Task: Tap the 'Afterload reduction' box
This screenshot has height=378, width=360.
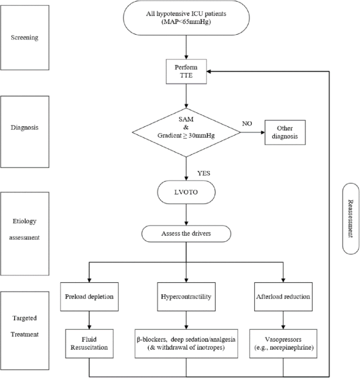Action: click(283, 297)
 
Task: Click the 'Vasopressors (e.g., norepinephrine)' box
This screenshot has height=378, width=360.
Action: click(283, 343)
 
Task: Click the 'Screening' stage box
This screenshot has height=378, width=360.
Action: click(27, 38)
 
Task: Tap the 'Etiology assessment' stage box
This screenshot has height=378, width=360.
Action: click(27, 230)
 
